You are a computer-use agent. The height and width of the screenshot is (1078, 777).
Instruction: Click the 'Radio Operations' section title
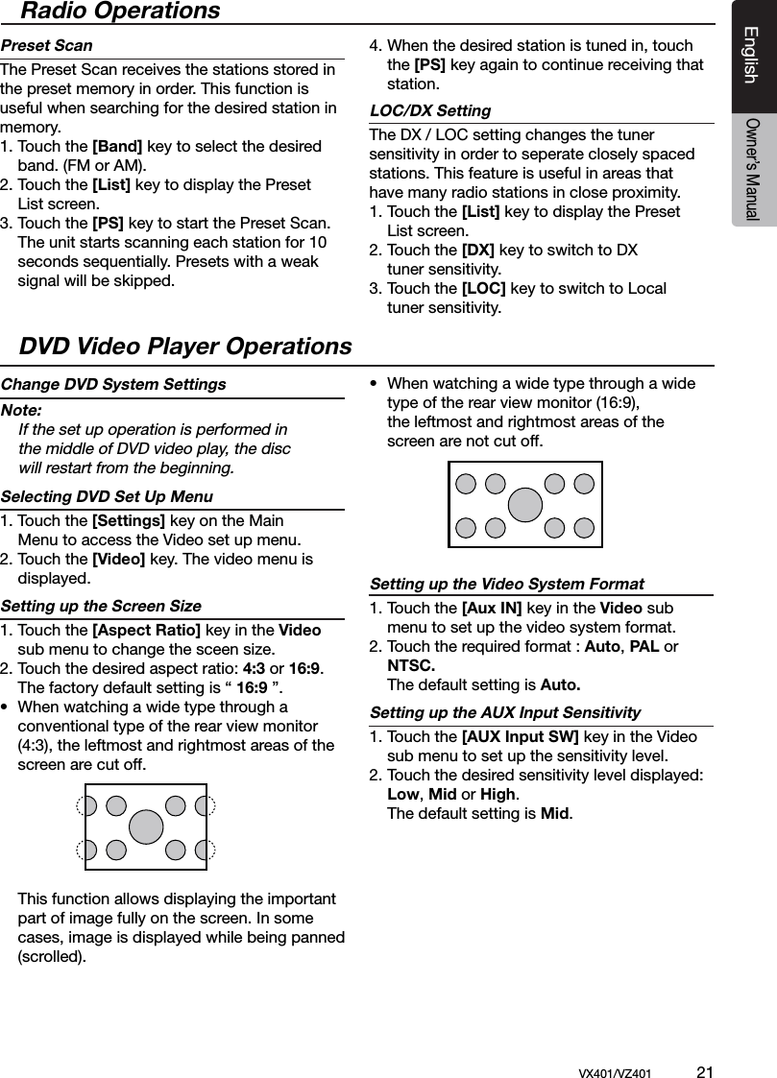(x=120, y=12)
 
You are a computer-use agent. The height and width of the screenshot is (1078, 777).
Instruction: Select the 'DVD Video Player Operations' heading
(x=185, y=346)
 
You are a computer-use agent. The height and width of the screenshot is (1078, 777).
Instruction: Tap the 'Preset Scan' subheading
(x=47, y=45)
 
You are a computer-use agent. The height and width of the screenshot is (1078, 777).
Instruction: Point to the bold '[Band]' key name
(x=117, y=146)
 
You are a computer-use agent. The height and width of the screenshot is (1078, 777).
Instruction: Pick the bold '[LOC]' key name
(x=484, y=288)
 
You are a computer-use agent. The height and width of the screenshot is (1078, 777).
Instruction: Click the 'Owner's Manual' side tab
(x=752, y=170)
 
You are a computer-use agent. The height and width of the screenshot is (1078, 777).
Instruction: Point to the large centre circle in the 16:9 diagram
(x=525, y=505)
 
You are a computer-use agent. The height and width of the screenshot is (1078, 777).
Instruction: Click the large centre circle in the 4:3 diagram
(x=146, y=826)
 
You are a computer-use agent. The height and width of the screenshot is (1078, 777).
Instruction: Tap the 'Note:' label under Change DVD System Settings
(x=22, y=410)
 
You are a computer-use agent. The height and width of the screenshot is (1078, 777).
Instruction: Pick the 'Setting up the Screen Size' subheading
(x=101, y=606)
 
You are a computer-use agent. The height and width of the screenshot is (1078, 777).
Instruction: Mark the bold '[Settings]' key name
(x=128, y=520)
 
